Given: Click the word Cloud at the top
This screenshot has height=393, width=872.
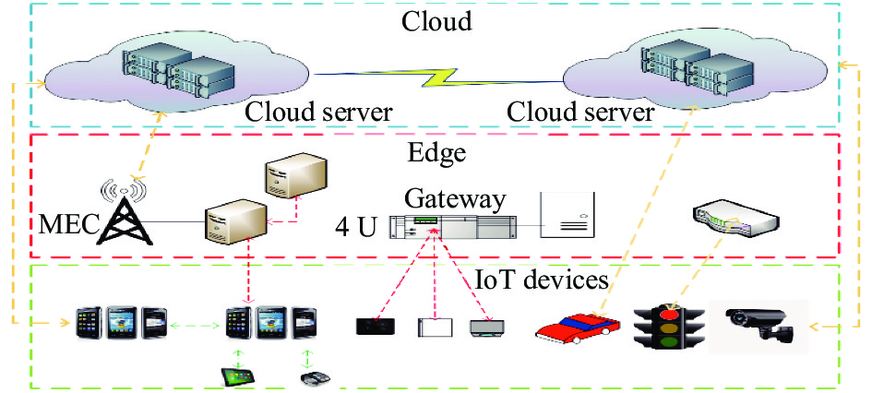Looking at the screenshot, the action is coord(436,21).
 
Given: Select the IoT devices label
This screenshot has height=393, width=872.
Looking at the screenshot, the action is coord(543,280).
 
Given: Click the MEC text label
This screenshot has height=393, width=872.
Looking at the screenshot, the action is coord(70,225).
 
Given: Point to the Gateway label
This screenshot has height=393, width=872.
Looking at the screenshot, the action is coord(456,198).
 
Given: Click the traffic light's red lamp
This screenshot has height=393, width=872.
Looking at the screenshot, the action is coord(666,314).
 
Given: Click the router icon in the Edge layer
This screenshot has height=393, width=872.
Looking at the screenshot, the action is coord(735,219).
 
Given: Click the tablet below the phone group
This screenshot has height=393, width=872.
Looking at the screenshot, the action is coord(240,378).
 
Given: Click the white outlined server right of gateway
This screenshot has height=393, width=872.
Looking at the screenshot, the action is coord(567,215).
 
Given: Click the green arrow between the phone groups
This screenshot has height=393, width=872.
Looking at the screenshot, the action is coord(194,325).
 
